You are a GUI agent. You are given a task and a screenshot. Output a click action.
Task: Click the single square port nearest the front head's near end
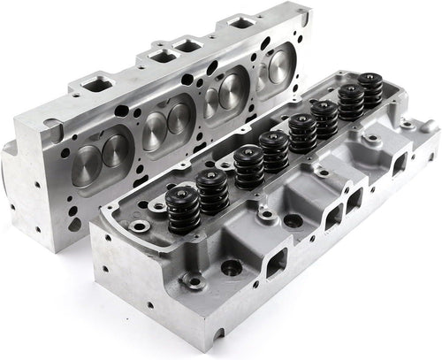click(x=276, y=260)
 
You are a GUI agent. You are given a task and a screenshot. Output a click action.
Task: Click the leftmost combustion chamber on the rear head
click(x=100, y=156)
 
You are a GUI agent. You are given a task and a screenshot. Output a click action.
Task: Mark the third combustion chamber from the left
click(x=225, y=91)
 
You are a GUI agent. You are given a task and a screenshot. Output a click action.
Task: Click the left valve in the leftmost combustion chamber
click(x=88, y=159)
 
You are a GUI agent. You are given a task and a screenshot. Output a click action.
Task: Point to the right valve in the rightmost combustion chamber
click(x=285, y=64)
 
